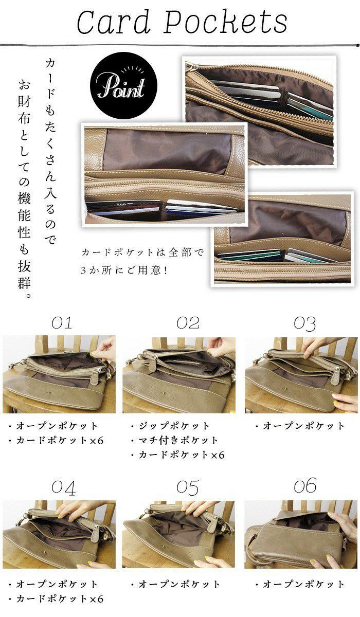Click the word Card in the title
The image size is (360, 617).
coord(114,22)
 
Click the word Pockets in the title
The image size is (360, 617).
coord(226,22)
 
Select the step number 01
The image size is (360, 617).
coord(62,323)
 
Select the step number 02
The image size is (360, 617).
coord(188,323)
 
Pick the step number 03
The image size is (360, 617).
coord(304,323)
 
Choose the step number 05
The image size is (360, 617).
coord(188,487)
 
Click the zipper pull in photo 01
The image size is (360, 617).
coord(96,374)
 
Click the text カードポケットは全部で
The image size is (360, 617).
coord(142,252)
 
